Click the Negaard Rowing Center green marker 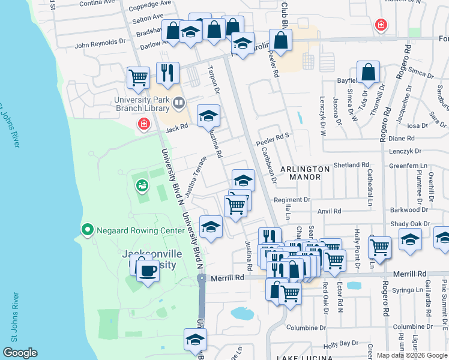pyautogui.click(x=87, y=230)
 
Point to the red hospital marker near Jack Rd pyautogui.click(x=143, y=124)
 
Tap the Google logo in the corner pyautogui.click(x=20, y=353)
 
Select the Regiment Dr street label pyautogui.click(x=292, y=200)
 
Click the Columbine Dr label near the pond pyautogui.click(x=306, y=328)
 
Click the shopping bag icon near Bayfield pyautogui.click(x=369, y=73)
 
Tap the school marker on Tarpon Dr pyautogui.click(x=208, y=116)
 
